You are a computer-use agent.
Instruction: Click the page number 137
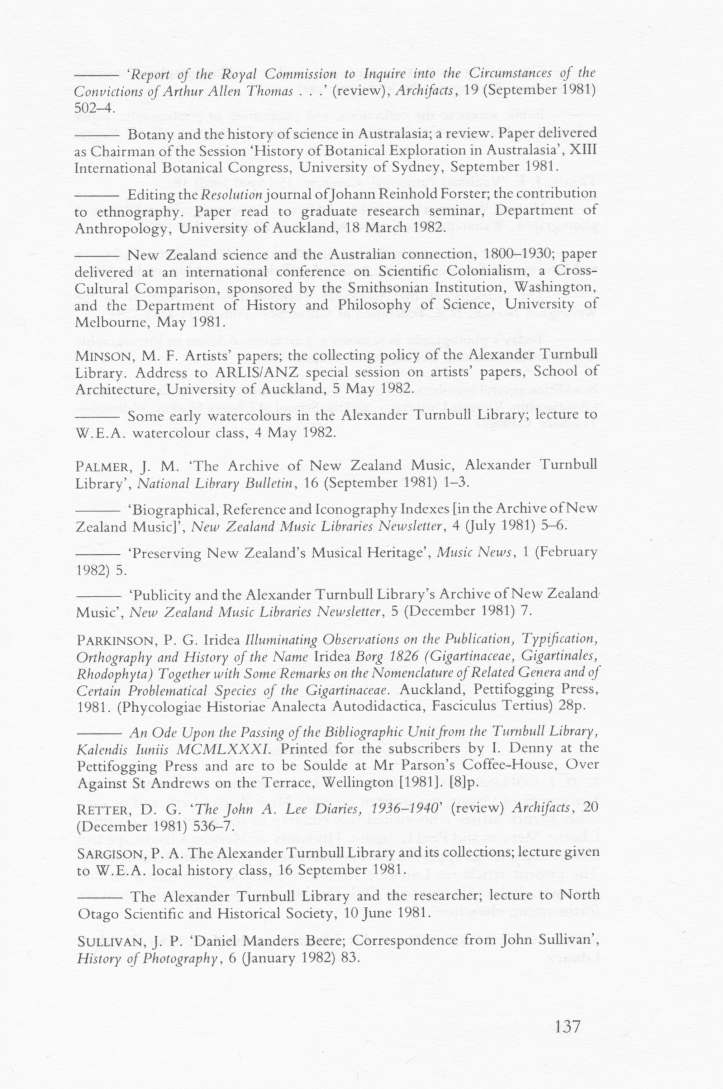point(568,1027)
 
